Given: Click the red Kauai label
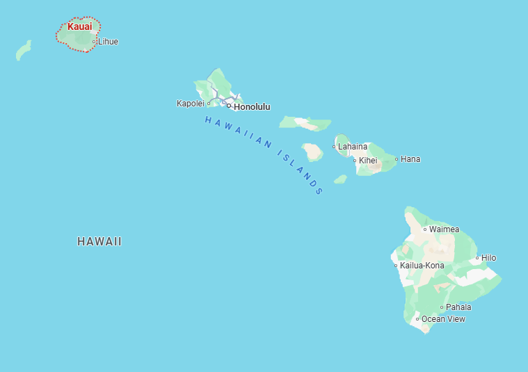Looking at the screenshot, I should click(79, 26).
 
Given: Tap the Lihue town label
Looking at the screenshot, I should click(108, 42).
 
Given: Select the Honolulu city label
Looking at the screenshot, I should click(252, 107).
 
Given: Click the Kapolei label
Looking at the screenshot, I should click(190, 104).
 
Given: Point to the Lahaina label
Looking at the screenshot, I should click(353, 147).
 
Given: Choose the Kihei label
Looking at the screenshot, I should click(368, 161).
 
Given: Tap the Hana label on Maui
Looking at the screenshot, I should click(410, 159).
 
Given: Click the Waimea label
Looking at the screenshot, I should click(444, 229).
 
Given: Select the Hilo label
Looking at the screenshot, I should click(488, 258).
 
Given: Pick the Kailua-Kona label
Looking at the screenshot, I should click(422, 266).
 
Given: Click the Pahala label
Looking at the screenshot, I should click(458, 307).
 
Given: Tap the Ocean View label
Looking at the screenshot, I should click(443, 319).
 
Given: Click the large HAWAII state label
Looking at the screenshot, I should click(99, 242).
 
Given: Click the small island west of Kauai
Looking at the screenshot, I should click(24, 51).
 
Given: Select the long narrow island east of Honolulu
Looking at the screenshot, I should click(305, 124).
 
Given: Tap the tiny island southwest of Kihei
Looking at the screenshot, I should click(340, 179).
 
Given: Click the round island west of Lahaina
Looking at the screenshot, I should click(312, 152).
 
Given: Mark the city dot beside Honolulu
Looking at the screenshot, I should click(229, 106).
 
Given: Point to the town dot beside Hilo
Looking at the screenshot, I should click(477, 258).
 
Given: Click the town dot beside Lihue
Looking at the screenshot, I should click(95, 42).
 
